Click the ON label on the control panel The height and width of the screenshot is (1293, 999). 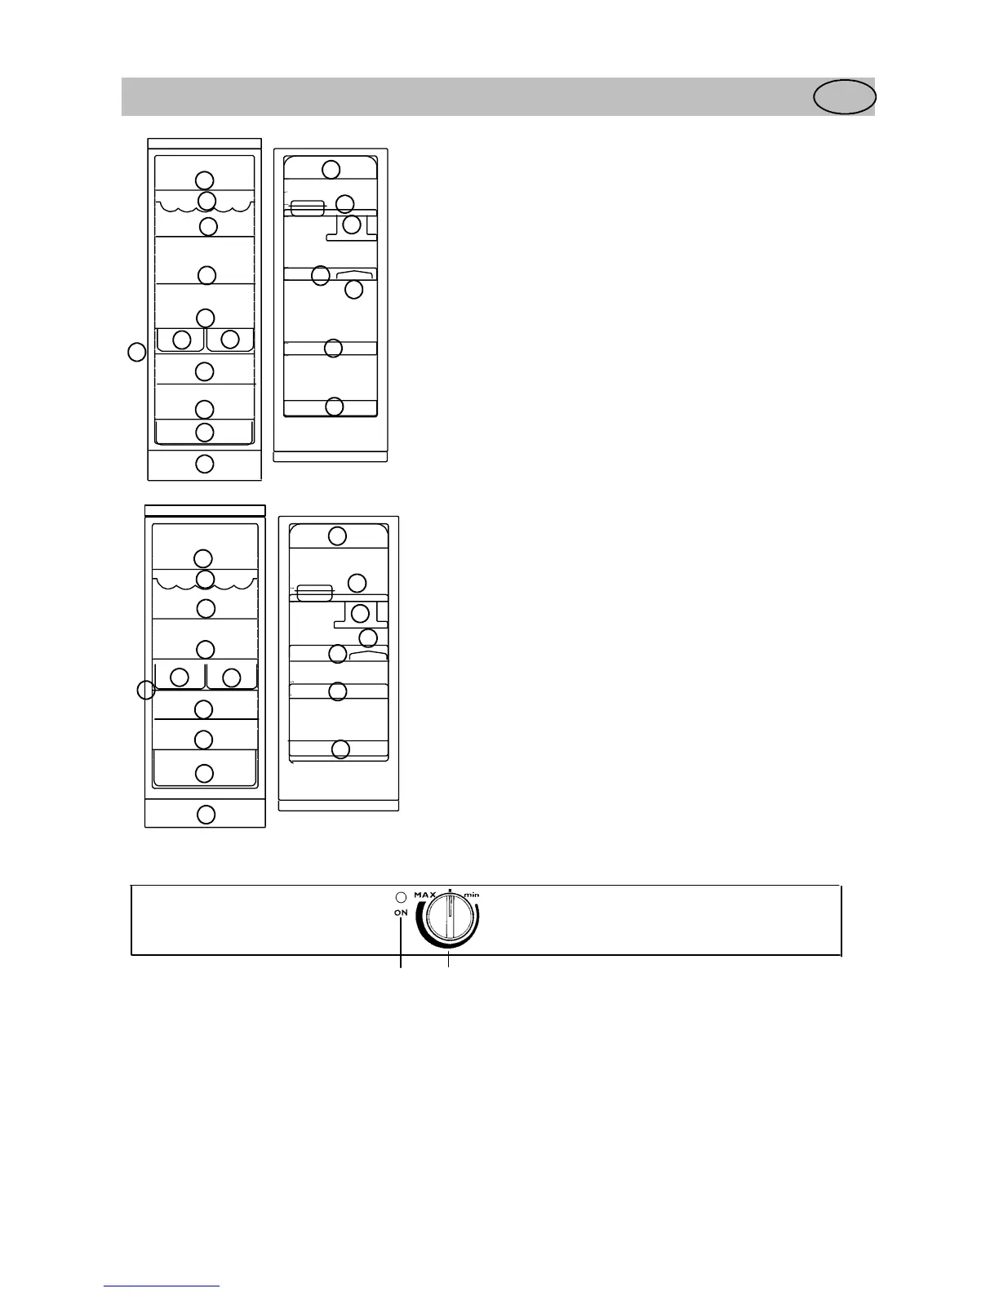coord(401,913)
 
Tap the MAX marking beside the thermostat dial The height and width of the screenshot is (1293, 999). coord(424,895)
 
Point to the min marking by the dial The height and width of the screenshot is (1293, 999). coord(472,895)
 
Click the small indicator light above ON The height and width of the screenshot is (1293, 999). coord(401,898)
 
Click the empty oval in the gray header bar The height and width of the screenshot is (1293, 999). coord(845,97)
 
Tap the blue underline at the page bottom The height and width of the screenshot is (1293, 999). coord(162,1286)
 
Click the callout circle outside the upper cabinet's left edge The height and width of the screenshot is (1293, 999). coord(136,353)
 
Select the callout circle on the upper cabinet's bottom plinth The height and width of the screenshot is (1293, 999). coord(205,464)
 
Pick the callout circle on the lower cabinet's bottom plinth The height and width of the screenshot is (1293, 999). coord(206,814)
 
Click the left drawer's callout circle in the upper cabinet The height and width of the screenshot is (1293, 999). coord(182,339)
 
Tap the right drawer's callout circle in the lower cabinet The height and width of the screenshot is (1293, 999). coord(231,677)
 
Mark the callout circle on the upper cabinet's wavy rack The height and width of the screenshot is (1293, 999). coord(206,200)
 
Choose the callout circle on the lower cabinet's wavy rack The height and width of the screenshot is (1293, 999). coord(206,579)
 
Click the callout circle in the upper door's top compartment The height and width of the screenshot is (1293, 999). coord(331,169)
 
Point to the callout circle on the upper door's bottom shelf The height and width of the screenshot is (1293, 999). coord(334,406)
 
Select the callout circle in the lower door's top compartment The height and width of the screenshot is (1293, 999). coord(337,535)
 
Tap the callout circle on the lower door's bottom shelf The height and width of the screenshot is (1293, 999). coord(340,749)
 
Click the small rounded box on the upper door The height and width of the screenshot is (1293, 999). coord(308,208)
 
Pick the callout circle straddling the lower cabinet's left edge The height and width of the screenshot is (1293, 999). coord(145,690)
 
